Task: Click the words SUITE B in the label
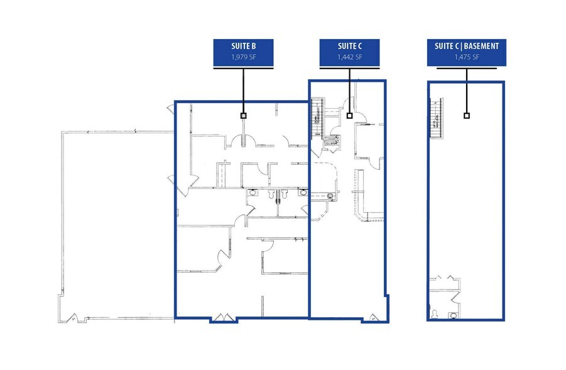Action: tap(244, 47)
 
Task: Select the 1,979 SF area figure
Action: tap(244, 57)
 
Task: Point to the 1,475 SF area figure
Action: tap(466, 57)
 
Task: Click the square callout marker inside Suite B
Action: tap(244, 116)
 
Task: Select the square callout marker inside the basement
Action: tap(466, 116)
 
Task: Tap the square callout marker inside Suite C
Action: tap(350, 116)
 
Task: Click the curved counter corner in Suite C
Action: tap(361, 216)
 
